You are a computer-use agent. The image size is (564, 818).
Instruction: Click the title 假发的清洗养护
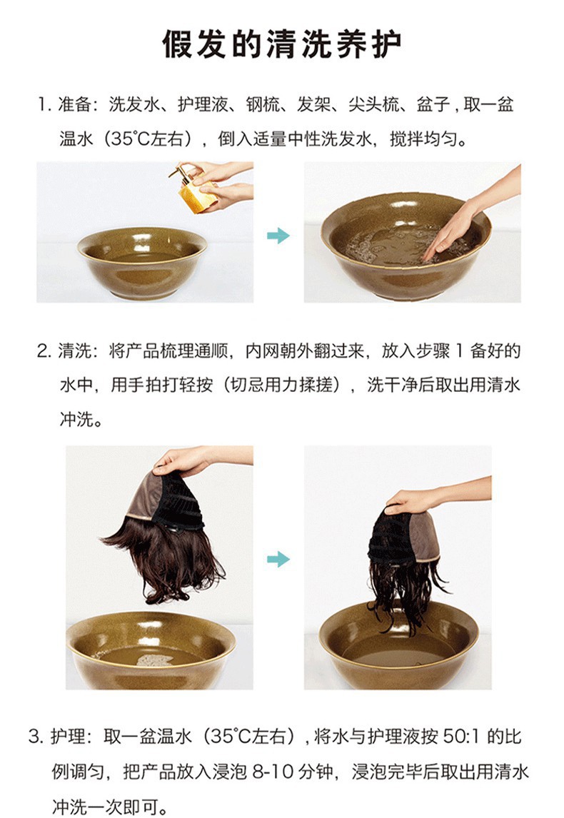click(x=282, y=44)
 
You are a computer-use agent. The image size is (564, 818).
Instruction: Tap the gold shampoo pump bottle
click(x=196, y=191)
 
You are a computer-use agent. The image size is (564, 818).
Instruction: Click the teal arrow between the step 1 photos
click(x=278, y=236)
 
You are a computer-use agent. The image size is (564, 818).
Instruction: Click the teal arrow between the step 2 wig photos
click(x=278, y=559)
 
